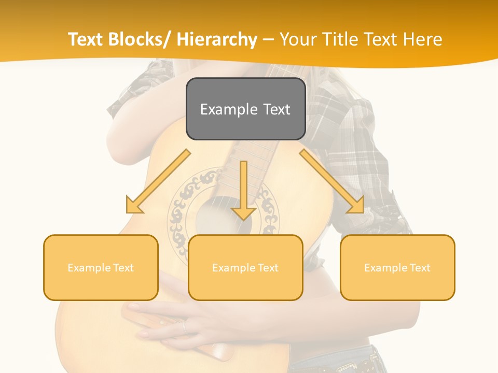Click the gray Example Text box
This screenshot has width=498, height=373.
click(245, 109)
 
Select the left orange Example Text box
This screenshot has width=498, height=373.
click(101, 267)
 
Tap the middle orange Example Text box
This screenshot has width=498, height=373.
click(245, 267)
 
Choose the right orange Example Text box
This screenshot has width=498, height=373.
click(397, 267)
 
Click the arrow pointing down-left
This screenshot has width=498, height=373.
click(158, 181)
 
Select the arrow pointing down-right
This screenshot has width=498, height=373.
click(332, 181)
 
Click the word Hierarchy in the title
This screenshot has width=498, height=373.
click(217, 39)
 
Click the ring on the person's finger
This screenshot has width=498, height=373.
click(183, 327)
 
